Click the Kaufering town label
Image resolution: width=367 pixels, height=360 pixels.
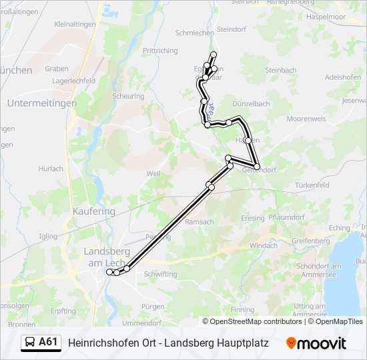[93, 211]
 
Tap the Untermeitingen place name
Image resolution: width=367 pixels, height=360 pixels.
[41, 103]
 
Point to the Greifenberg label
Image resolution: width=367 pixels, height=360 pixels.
[310, 241]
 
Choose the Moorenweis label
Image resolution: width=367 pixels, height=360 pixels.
[306, 119]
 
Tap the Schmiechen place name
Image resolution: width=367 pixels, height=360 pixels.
[194, 33]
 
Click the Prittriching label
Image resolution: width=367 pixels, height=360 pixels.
[160, 51]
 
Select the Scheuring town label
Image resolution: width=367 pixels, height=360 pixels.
[128, 96]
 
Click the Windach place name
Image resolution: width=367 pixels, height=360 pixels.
[263, 245]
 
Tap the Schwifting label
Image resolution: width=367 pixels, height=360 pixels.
[160, 274]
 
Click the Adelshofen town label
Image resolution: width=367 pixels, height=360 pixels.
[342, 77]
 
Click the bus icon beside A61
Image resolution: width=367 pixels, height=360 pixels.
[31, 343]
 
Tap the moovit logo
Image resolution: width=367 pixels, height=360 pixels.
[316, 343]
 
